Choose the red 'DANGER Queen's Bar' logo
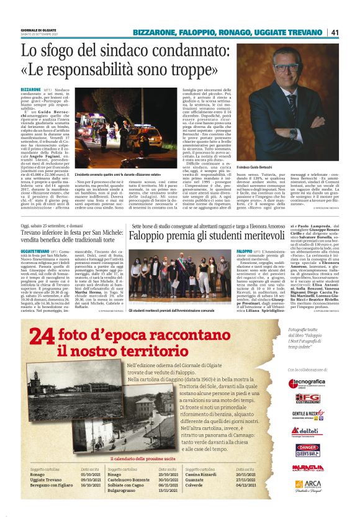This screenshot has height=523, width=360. tap(307, 448)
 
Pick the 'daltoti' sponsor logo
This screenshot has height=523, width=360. tap(307, 431)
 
